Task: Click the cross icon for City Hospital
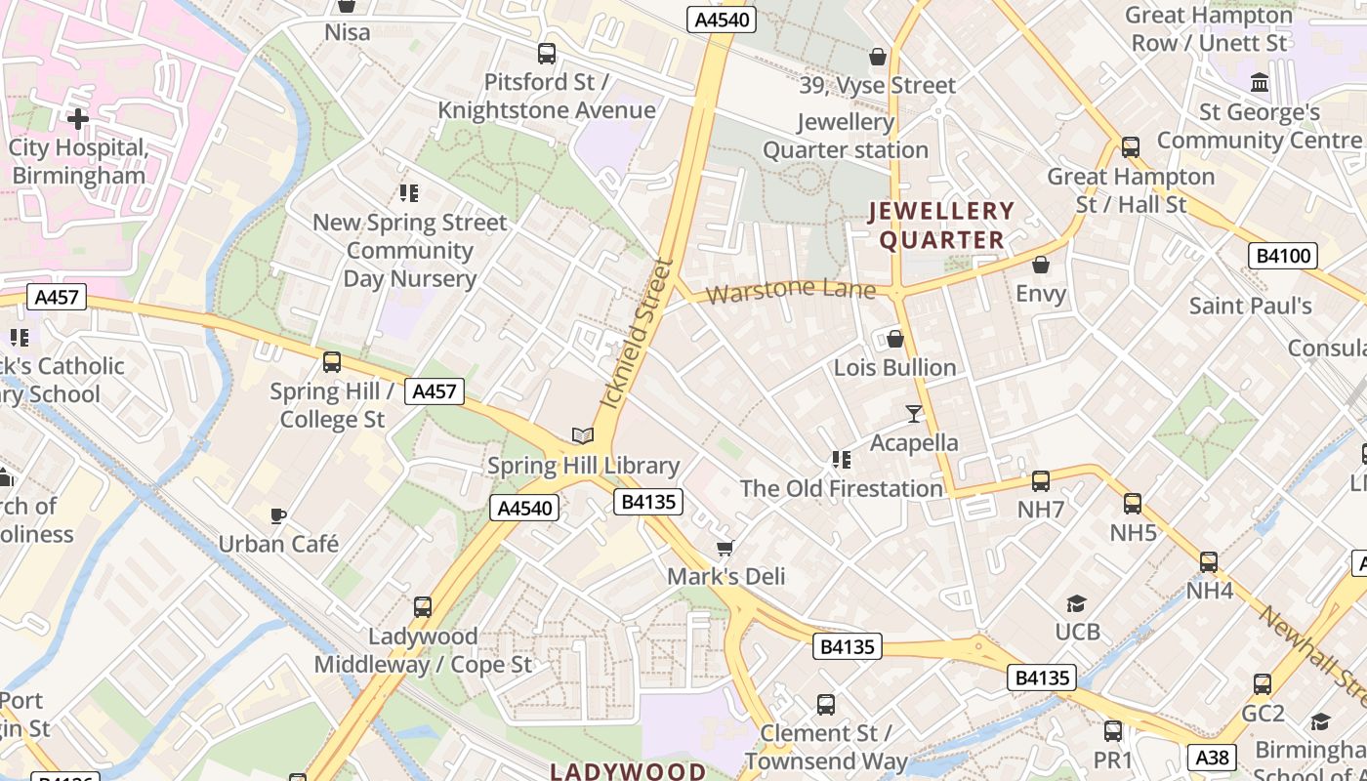78,119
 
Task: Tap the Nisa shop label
348,32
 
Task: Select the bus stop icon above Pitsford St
547,54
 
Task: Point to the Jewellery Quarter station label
846,137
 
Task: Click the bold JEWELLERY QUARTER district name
942,226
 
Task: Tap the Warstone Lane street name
791,291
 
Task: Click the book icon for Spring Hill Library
583,436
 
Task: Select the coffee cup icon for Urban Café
278,515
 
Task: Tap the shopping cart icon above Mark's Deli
725,548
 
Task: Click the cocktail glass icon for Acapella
914,414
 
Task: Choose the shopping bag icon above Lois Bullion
894,339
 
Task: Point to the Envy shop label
1041,293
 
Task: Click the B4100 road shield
1283,257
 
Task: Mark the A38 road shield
1213,757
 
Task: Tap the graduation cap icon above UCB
1077,603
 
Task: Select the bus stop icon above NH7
1041,481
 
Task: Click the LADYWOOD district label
628,771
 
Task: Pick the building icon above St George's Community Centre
1260,82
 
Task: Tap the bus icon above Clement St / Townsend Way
826,704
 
